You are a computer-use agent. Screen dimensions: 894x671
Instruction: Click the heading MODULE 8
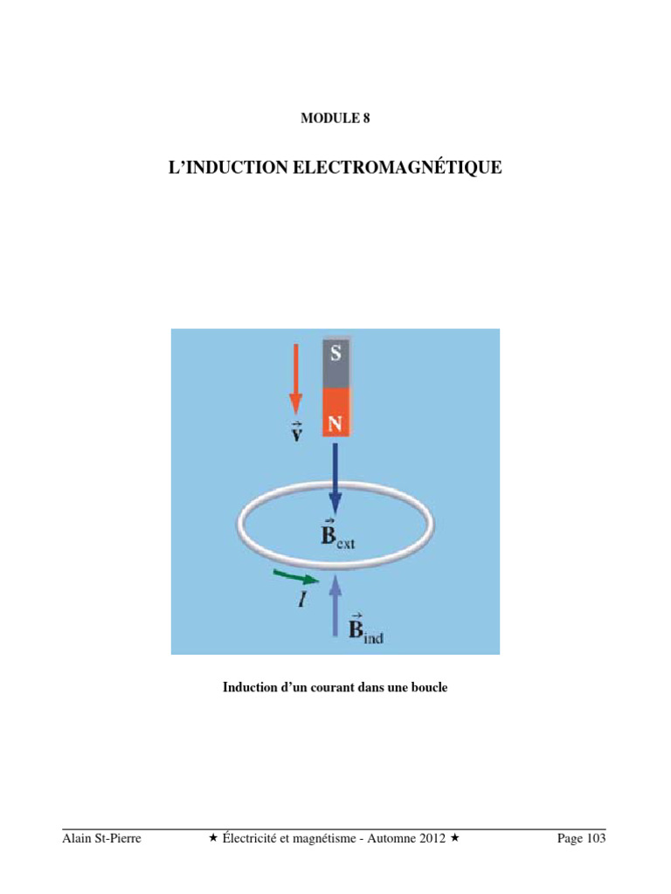(335, 119)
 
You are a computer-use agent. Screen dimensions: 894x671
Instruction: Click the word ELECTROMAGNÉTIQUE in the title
(397, 167)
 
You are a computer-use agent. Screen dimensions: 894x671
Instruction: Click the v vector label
(296, 431)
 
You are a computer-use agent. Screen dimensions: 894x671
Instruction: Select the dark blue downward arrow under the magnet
(335, 477)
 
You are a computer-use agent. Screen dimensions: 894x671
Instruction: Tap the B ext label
(336, 534)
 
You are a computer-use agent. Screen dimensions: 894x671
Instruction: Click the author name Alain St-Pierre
(102, 839)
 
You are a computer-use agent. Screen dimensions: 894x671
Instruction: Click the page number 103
(593, 839)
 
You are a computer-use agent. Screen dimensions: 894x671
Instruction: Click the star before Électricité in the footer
(213, 839)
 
